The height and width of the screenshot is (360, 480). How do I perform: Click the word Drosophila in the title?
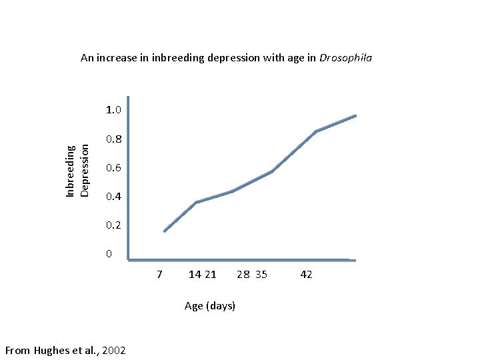coord(345,58)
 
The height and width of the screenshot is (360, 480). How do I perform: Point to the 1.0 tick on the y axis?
coord(113,109)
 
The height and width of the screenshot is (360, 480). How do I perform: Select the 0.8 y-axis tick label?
coord(113,139)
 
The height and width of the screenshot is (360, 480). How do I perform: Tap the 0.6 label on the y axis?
coord(113,168)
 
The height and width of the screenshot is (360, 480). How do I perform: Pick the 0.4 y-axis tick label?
coord(113,197)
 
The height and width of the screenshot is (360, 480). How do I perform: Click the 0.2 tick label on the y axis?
coord(113,225)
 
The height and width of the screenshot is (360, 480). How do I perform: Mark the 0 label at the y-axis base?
coord(109,254)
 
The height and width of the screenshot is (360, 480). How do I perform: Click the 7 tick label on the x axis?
coord(159,275)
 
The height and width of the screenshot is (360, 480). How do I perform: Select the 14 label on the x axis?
coord(195,275)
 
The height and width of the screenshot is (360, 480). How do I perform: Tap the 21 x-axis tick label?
coord(210,275)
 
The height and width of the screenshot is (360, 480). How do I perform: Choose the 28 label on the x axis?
coord(243,275)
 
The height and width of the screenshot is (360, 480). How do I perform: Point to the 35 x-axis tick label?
coord(261,275)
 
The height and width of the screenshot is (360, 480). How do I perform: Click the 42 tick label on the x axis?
coord(306,275)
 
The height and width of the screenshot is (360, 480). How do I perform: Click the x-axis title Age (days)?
coord(210,306)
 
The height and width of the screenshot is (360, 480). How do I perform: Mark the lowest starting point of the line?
coord(164,231)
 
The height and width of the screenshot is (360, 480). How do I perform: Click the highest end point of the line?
coord(356,115)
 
